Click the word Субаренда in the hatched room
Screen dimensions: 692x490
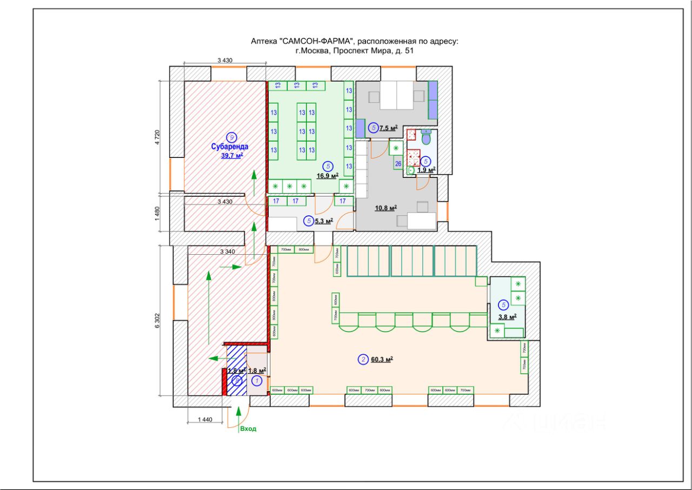[230, 146]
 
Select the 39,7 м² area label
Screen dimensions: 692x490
[231, 156]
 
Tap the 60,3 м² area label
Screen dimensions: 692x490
[382, 359]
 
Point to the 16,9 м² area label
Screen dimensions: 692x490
[328, 176]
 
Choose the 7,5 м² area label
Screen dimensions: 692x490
[388, 128]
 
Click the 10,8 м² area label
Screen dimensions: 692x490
[386, 207]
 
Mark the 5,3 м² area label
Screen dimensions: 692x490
[323, 221]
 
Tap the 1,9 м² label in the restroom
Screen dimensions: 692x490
[426, 170]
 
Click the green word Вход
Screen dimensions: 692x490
[248, 429]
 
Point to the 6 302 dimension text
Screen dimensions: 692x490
[158, 320]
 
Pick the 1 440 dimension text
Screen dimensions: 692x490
[205, 419]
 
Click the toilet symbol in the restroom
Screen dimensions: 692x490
[426, 137]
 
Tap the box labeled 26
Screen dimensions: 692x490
[398, 163]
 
